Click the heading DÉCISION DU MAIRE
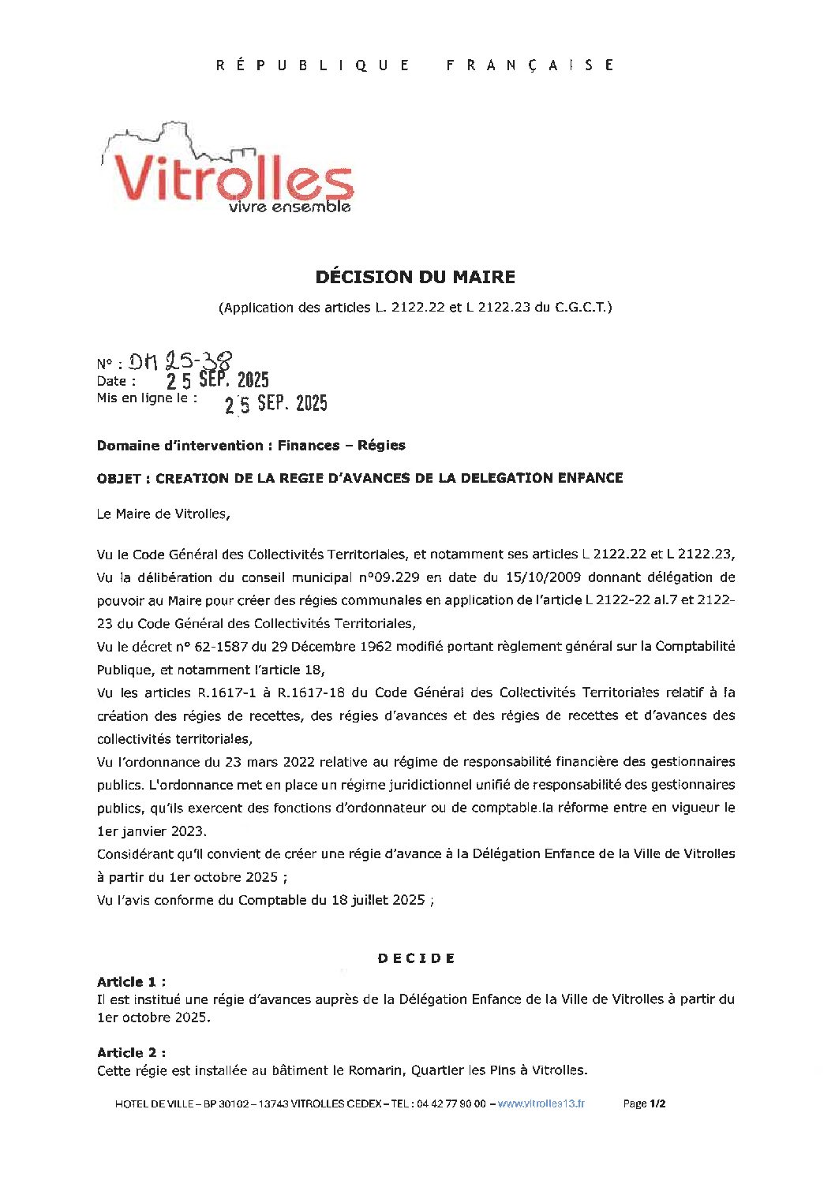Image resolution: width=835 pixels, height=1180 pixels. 415,277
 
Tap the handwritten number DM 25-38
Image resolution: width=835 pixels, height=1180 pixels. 181,361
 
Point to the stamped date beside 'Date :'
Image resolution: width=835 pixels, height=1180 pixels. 218,380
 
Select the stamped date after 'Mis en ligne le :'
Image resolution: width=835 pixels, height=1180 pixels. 275,404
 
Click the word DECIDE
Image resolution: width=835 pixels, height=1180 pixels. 416,958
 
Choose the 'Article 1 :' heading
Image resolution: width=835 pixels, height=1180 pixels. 131,982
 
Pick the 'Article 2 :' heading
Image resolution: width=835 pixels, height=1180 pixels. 131,1053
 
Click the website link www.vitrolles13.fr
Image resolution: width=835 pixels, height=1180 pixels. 541,1104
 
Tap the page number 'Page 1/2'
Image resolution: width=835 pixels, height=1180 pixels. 644,1104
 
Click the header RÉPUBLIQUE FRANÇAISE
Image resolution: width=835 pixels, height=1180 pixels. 415,65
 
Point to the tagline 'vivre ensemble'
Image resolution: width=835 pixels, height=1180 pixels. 289,207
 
